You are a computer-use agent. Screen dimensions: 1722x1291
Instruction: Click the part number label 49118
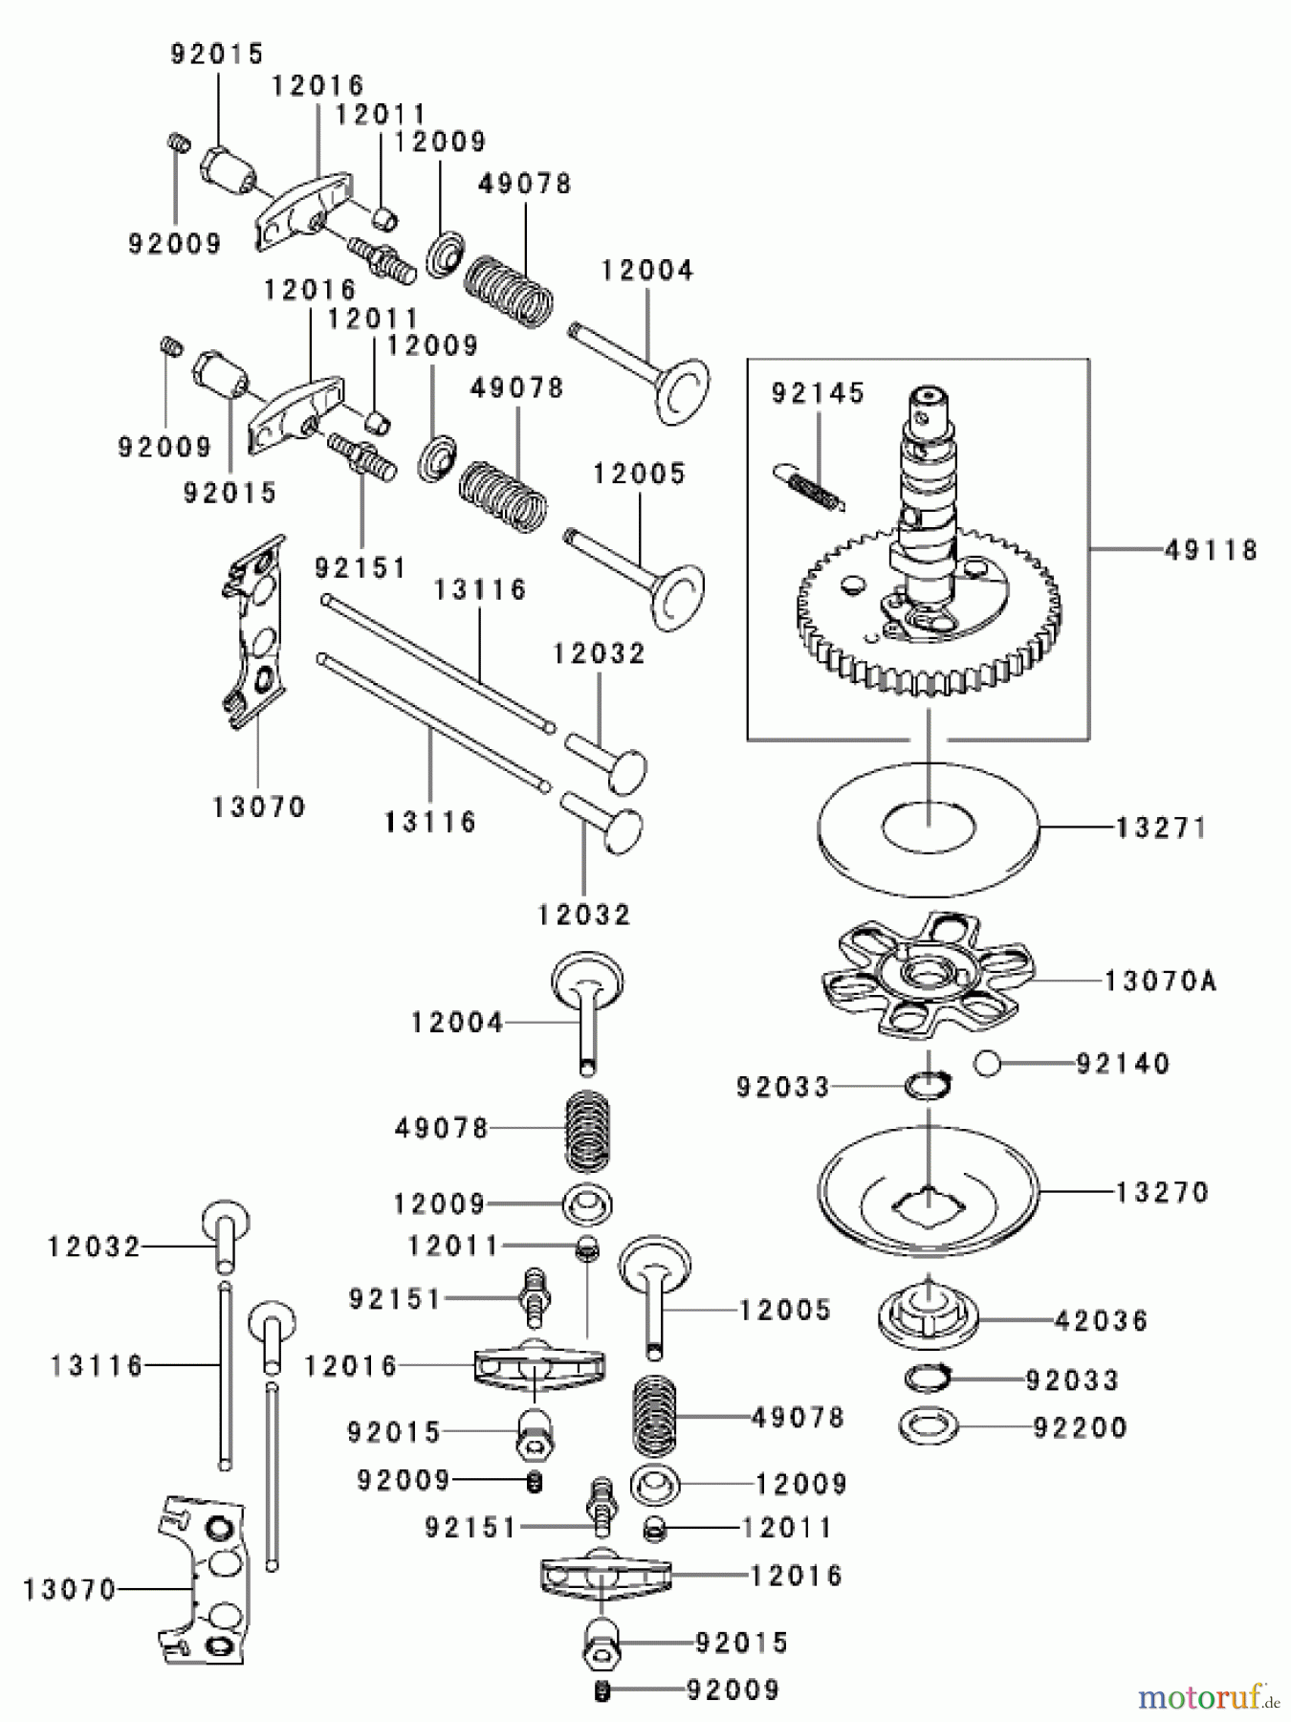coord(1211,550)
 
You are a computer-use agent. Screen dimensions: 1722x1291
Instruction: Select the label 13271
coord(1160,828)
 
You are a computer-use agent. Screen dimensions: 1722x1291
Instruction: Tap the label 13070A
coord(1160,981)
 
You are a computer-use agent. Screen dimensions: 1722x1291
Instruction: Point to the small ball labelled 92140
coord(988,1063)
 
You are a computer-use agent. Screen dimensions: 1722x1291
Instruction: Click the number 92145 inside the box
coord(818,393)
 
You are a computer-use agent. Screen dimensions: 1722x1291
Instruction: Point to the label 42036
coord(1100,1320)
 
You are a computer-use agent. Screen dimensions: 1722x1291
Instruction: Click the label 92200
coord(1081,1427)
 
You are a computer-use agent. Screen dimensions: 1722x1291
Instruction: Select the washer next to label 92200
coord(928,1426)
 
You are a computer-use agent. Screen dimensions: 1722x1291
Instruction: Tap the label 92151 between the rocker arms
coord(361,568)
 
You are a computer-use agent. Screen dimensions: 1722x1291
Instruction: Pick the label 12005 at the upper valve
coord(639,474)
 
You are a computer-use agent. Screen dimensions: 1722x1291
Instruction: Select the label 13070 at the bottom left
coord(69,1589)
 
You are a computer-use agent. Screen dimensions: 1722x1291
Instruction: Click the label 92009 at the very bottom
coord(733,1689)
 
